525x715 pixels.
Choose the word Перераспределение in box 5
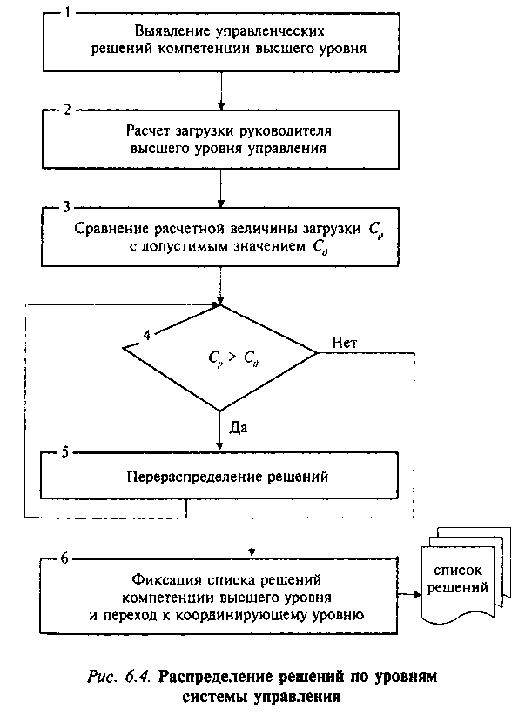click(185, 477)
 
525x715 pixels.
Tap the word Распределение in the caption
click(218, 674)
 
